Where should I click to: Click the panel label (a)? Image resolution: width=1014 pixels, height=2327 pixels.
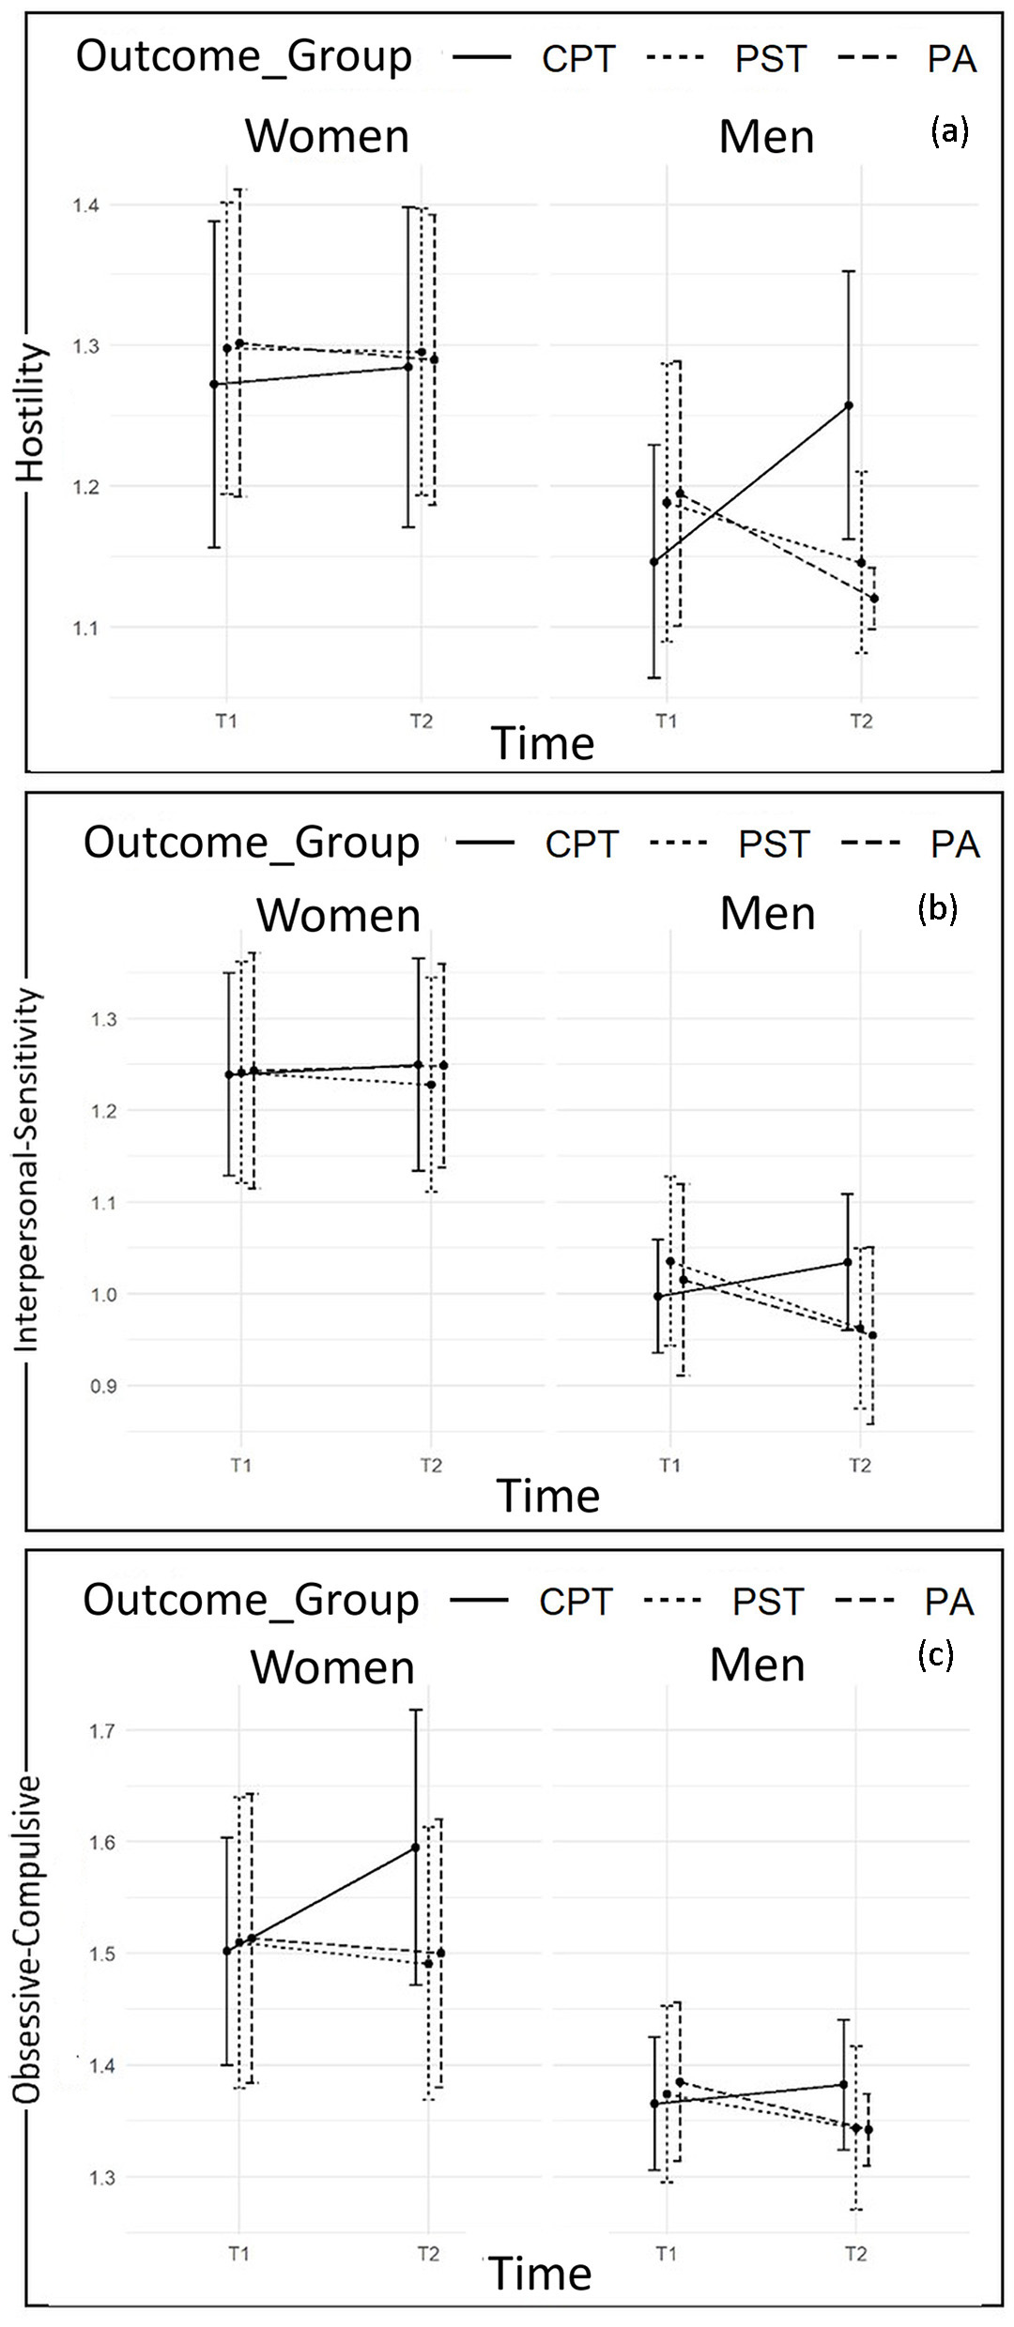(x=948, y=130)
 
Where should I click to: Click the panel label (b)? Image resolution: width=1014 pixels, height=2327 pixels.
(x=937, y=907)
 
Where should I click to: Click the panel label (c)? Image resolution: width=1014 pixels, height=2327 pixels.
(x=935, y=1655)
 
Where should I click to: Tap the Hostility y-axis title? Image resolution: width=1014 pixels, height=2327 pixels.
(x=30, y=413)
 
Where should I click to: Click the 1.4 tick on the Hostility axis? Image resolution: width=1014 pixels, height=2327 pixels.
(x=86, y=205)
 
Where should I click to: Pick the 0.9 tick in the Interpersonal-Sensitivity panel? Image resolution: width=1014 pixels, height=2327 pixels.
(x=103, y=1387)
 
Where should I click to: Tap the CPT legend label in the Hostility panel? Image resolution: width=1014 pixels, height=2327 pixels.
(x=578, y=59)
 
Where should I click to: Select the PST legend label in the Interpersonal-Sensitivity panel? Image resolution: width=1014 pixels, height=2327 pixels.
(x=773, y=844)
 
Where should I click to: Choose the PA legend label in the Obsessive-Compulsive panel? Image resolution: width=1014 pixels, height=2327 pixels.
(x=948, y=1602)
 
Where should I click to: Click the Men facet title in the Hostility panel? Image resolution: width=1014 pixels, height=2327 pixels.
(x=766, y=137)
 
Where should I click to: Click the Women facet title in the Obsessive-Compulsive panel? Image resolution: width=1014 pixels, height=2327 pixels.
(x=332, y=1668)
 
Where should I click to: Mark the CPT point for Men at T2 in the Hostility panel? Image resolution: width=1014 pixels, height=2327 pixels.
(x=849, y=405)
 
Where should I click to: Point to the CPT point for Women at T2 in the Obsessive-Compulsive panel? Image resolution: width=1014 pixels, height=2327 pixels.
(x=415, y=1848)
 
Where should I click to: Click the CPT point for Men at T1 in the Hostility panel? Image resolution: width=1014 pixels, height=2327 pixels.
(x=654, y=561)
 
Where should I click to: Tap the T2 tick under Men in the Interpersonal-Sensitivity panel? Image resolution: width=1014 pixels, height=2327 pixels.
(x=859, y=1466)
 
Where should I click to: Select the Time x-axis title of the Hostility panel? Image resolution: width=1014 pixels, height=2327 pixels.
(x=543, y=743)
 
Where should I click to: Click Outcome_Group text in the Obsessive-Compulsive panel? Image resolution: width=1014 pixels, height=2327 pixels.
(x=251, y=1600)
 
